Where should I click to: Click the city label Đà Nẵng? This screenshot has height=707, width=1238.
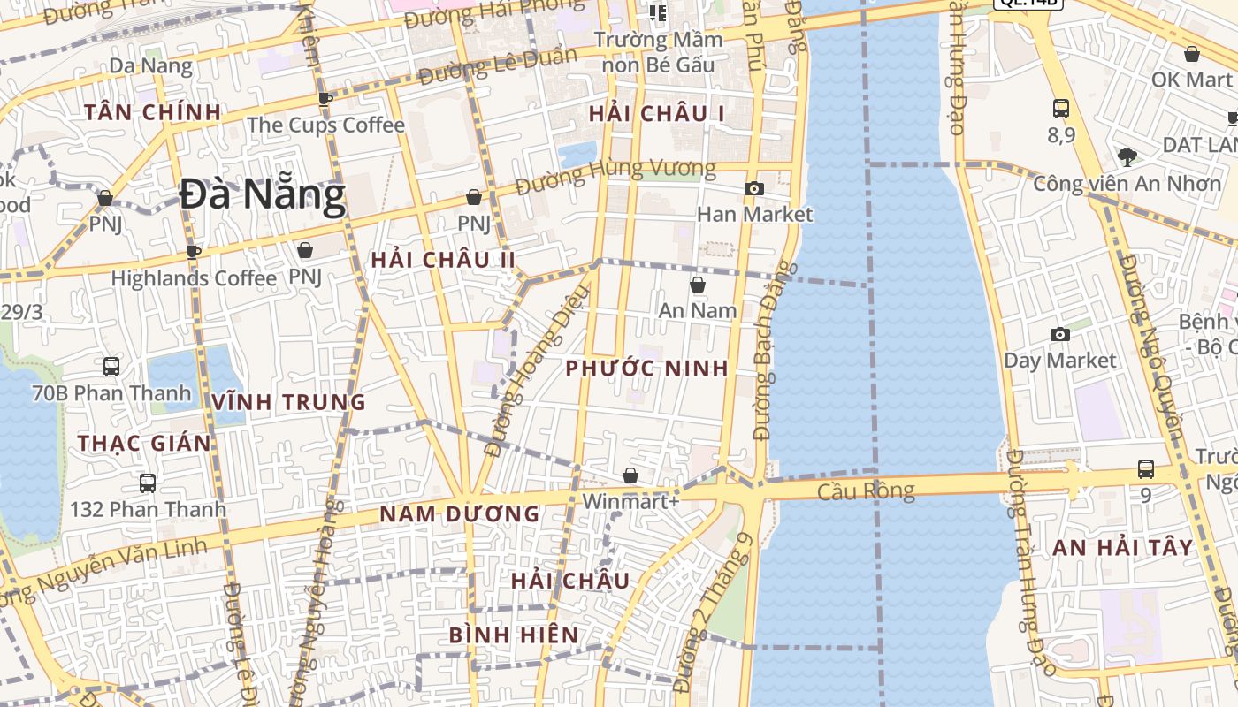pos(262,195)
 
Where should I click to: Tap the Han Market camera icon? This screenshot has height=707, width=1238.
pos(754,188)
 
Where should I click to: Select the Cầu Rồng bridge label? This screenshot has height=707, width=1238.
pos(866,490)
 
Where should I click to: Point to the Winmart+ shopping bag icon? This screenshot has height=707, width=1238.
pos(630,476)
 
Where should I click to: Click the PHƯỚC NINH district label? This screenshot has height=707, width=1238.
pos(647,369)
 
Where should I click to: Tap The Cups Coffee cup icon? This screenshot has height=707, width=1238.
pos(325,98)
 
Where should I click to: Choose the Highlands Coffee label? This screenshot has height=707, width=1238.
pos(194,278)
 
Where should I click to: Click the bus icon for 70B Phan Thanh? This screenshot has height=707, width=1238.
pos(111,366)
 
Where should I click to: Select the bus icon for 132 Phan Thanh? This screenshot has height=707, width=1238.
pos(148,483)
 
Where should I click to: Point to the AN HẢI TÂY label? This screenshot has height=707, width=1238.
pos(1123,548)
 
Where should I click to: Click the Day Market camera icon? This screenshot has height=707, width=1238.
pos(1059,334)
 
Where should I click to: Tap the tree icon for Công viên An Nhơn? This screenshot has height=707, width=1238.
pos(1127,157)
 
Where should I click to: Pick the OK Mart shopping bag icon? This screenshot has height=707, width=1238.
pos(1192,54)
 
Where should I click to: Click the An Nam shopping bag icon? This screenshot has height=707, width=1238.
pos(698,285)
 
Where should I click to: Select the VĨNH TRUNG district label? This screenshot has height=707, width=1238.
pos(288,402)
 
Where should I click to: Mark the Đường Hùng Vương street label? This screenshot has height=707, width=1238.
pos(615,178)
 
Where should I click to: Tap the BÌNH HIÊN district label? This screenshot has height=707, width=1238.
pos(514,635)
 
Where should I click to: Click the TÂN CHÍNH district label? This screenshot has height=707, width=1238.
pos(153,112)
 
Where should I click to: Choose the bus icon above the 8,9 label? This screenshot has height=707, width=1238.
pos(1061,109)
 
